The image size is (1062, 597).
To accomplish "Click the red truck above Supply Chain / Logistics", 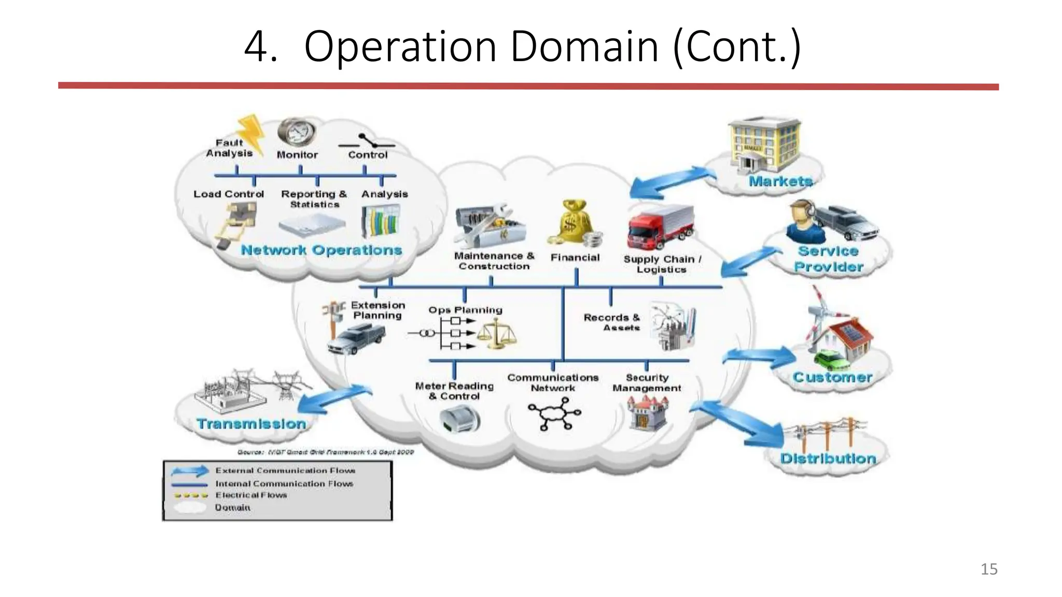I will [659, 227].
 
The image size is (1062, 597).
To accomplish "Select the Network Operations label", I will [321, 250].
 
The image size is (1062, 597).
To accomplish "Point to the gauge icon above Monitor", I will [296, 132].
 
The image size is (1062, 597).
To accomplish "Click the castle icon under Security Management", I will [647, 413].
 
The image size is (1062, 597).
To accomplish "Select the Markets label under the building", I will [780, 181].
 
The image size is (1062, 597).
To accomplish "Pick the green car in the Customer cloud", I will [829, 359].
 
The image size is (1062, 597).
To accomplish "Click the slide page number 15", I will [988, 569].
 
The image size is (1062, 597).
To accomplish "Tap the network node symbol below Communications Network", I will [554, 414].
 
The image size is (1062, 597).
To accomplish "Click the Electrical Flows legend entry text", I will [251, 495].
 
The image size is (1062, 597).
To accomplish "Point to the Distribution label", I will [828, 459].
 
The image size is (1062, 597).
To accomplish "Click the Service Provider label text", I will [828, 259].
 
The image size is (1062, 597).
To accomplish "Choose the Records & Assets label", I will [611, 322].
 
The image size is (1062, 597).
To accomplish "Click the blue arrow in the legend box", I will [190, 471].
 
